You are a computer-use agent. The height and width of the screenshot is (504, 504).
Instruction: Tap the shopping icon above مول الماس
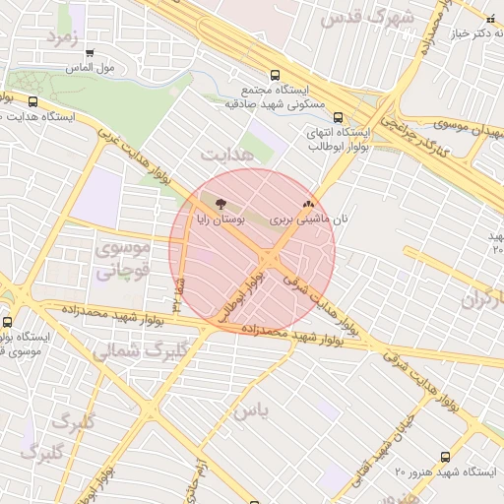(91, 54)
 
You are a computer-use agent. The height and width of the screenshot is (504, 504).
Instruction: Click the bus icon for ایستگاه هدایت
(33, 101)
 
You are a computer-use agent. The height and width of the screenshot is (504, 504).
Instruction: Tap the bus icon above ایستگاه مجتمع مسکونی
(276, 74)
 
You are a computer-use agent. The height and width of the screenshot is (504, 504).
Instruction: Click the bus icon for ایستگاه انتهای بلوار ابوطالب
(340, 115)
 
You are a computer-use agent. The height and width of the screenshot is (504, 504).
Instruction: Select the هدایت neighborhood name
(226, 156)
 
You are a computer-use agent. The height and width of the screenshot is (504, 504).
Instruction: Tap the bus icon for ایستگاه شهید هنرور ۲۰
(445, 457)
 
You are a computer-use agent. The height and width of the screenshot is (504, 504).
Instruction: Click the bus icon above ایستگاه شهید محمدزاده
(8, 321)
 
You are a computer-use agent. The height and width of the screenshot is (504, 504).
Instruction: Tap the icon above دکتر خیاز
(491, 18)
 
